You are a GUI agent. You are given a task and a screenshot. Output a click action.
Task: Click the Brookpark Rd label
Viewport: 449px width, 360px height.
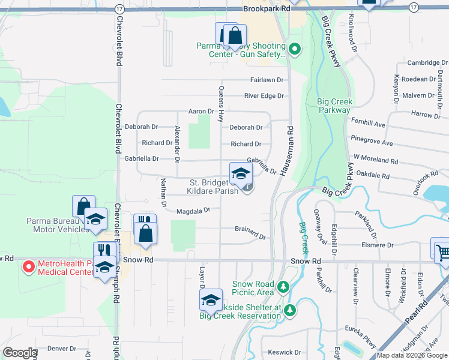point(267,9)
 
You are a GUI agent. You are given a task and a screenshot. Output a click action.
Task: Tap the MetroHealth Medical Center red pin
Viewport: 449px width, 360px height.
point(28,267)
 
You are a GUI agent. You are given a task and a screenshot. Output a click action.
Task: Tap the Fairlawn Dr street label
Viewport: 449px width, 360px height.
point(267,80)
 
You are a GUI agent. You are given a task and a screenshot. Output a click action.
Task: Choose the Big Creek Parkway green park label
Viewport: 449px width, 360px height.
point(334,106)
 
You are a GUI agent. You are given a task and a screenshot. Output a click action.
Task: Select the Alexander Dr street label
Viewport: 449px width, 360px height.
point(177,144)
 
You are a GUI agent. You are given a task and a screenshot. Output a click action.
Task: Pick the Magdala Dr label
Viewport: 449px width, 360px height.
point(193,211)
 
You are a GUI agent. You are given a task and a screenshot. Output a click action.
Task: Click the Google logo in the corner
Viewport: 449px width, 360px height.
point(20,353)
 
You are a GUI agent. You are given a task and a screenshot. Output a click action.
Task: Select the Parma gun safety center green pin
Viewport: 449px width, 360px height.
point(294,49)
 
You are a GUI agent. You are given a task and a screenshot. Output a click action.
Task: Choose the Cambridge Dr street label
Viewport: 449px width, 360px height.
point(427,62)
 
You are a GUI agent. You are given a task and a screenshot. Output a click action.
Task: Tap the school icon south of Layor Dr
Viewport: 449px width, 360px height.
point(211,300)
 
